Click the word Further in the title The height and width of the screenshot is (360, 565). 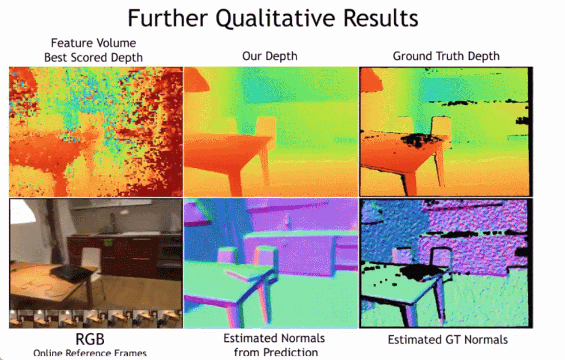(x=168, y=18)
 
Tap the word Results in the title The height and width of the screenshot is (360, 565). (x=381, y=18)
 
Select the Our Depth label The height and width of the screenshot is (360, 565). (x=270, y=57)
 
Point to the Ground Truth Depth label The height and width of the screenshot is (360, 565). (x=446, y=56)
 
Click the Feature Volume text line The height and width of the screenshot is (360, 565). (x=93, y=43)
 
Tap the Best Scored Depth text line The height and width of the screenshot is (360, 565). (x=93, y=58)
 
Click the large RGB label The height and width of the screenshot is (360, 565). (x=90, y=339)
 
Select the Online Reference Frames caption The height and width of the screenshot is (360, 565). (x=90, y=353)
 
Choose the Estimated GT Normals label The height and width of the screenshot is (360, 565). (x=448, y=340)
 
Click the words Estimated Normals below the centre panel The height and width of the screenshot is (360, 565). (x=274, y=339)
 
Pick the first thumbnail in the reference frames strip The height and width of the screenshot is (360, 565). (x=21, y=319)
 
